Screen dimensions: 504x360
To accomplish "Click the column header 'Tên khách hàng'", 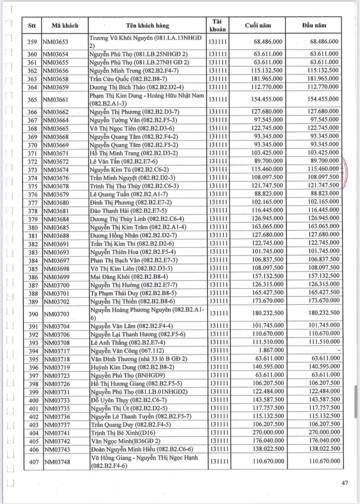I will pyautogui.click(x=147, y=26).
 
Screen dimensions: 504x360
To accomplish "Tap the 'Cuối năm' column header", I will pyautogui.click(x=258, y=25).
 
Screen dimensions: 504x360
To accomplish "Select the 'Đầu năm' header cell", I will pyautogui.click(x=314, y=25).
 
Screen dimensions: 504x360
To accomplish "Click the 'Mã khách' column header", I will pyautogui.click(x=65, y=26).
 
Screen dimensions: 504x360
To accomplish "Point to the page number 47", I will pyautogui.click(x=345, y=483).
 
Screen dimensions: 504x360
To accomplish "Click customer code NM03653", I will pyautogui.click(x=55, y=42).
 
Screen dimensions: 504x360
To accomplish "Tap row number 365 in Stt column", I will pyautogui.click(x=32, y=99).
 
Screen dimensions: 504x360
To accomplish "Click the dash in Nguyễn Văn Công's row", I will pyautogui.click(x=338, y=350).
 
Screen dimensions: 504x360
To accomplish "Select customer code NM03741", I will pyautogui.click(x=57, y=433).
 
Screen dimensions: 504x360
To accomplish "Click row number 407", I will pyautogui.click(x=34, y=462).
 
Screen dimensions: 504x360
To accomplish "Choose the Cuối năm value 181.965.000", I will pyautogui.click(x=267, y=79).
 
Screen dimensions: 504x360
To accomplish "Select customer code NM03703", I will pyautogui.click(x=57, y=314).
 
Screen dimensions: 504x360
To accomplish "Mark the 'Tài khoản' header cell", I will pyautogui.click(x=217, y=26).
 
